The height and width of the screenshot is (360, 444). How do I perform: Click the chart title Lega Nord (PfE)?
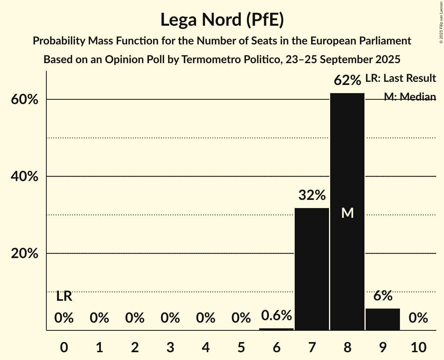pos(222,19)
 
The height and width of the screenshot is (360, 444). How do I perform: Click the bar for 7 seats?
pos(312,269)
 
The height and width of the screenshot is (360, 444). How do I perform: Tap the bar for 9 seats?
pos(383,319)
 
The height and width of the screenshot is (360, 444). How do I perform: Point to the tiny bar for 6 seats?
pos(276,329)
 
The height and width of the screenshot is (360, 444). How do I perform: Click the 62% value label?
pos(347,81)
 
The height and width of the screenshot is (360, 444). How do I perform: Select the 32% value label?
pos(312,195)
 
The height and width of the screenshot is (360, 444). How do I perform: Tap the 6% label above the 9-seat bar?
pos(383,296)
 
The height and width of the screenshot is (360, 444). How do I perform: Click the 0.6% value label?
pos(276,315)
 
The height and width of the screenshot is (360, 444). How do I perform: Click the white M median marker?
pos(347,213)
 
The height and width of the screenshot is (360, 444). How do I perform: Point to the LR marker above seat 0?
pos(64,296)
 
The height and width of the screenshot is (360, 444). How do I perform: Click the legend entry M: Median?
pos(409,97)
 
